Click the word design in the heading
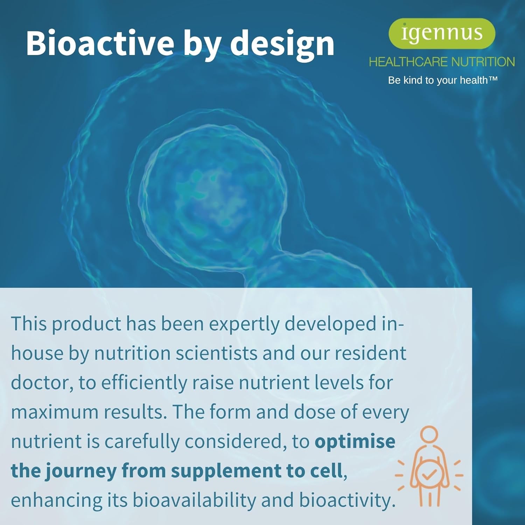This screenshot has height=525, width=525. pyautogui.click(x=282, y=44)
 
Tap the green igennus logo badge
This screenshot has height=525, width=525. pyautogui.click(x=442, y=34)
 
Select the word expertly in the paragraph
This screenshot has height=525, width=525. pyautogui.click(x=244, y=325)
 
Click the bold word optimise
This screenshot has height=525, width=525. pyautogui.click(x=355, y=441)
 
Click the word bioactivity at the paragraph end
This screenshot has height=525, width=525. pyautogui.click(x=347, y=500)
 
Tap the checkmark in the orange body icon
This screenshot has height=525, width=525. pyautogui.click(x=429, y=475)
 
